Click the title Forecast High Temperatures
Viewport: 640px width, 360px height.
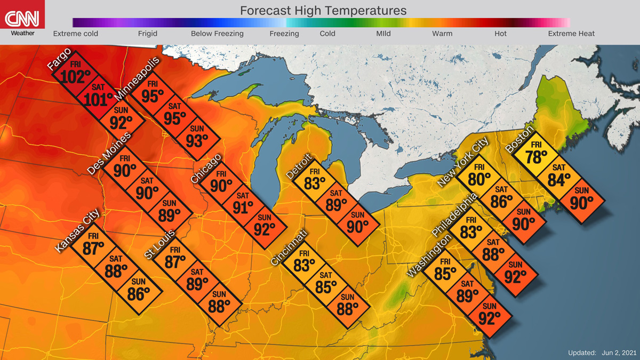point(323,11)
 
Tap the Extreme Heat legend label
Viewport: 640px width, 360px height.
point(571,34)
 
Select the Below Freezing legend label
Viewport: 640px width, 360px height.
point(217,34)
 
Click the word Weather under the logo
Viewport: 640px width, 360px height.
point(22,34)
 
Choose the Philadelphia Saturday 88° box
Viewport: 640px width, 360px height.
point(493,251)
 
